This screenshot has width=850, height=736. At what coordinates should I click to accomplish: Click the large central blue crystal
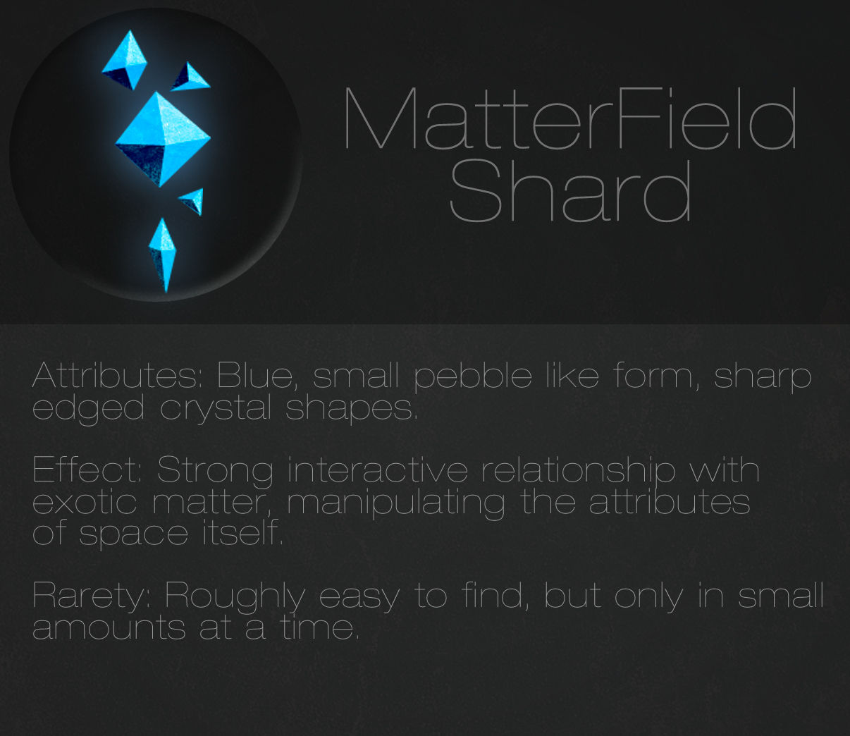click(x=163, y=139)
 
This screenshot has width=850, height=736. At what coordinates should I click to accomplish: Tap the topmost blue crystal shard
click(x=125, y=60)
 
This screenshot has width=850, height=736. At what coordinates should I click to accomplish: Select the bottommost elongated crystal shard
click(x=162, y=255)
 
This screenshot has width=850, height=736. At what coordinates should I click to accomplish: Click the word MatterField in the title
click(x=570, y=118)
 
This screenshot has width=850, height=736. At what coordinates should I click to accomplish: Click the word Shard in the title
click(x=570, y=191)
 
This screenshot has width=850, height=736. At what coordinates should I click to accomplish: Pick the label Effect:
click(x=87, y=470)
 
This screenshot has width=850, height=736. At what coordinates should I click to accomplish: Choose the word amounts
click(x=109, y=629)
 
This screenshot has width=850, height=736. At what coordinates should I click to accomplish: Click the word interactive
click(x=378, y=470)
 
